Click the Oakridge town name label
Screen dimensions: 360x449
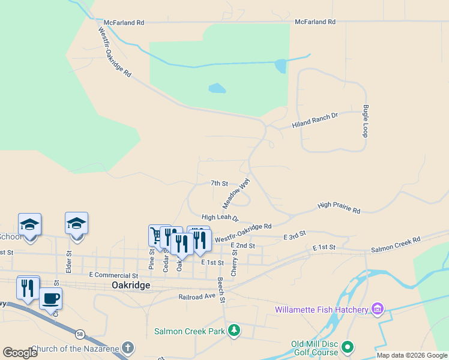tap(131, 286)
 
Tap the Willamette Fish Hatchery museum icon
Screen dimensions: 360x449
tap(377, 310)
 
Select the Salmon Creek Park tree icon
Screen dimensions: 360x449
tap(234, 331)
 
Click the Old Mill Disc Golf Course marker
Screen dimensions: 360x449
tap(347, 347)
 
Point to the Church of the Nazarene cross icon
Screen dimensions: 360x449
tap(127, 348)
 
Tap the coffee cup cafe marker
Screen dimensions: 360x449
tap(51, 298)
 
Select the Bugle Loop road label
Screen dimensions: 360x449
tap(365, 121)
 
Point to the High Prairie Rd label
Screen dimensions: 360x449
tap(339, 208)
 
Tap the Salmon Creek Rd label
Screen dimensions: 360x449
tap(396, 244)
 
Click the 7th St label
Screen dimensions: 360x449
tap(219, 183)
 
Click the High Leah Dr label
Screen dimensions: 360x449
tap(220, 218)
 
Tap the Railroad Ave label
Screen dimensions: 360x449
tap(197, 296)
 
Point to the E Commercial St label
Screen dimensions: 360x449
tap(113, 274)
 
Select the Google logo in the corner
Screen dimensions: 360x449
tap(20, 352)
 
